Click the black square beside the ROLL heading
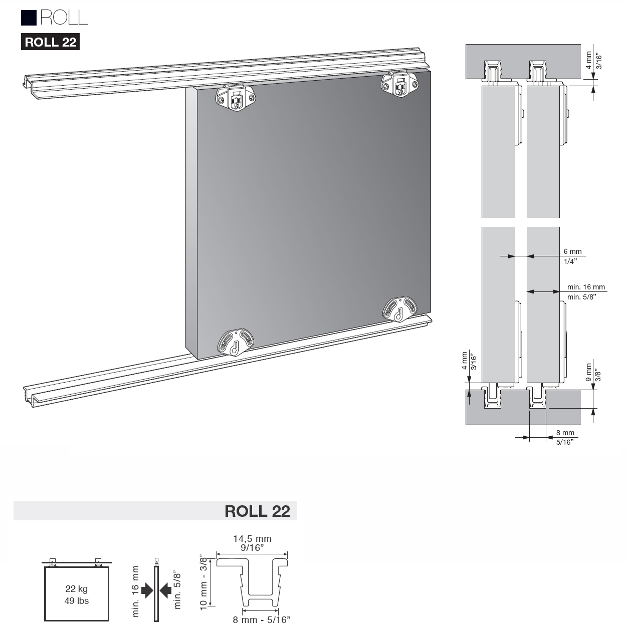(29, 18)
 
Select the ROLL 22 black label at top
(50, 42)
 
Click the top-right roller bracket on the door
(399, 84)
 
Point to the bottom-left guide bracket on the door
(235, 342)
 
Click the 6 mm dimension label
(572, 251)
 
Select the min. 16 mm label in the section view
(585, 287)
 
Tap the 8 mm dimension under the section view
(565, 433)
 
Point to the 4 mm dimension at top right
(589, 60)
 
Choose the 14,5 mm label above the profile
(252, 539)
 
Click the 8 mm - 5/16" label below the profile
(261, 620)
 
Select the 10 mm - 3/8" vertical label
(203, 581)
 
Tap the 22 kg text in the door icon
(76, 589)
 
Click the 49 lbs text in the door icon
(76, 600)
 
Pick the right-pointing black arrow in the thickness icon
(147, 591)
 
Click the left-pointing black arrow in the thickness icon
(165, 591)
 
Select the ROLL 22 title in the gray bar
(257, 511)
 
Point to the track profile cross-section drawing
(252, 581)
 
